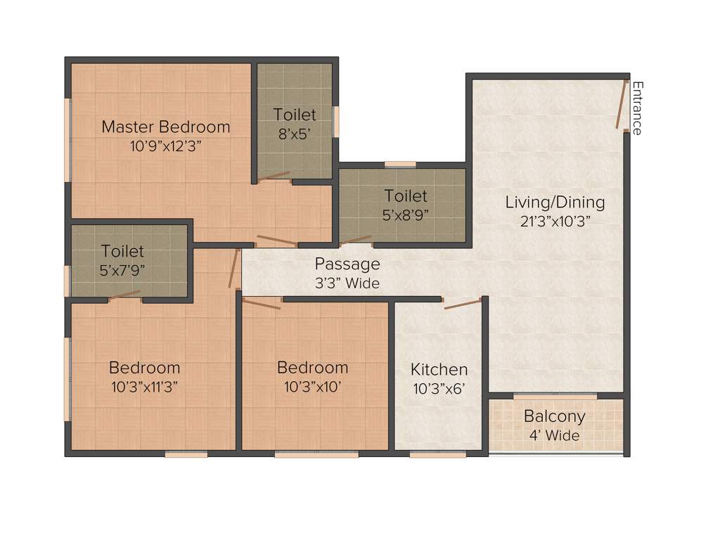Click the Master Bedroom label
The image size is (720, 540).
pyautogui.click(x=166, y=127)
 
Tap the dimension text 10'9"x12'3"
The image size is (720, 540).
pyautogui.click(x=166, y=146)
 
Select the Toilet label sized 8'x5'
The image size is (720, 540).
pyautogui.click(x=295, y=114)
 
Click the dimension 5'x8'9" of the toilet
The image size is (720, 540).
pyautogui.click(x=406, y=215)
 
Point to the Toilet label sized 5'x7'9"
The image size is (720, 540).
pyautogui.click(x=122, y=251)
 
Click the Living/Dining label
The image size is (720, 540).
pyautogui.click(x=555, y=202)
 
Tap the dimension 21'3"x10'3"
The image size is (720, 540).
pyautogui.click(x=555, y=221)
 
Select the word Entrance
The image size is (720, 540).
pyautogui.click(x=637, y=108)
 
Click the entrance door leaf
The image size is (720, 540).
pyautogui.click(x=622, y=105)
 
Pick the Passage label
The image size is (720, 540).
pyautogui.click(x=347, y=264)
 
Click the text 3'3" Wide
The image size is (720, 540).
pyautogui.click(x=347, y=283)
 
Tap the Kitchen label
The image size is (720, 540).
pyautogui.click(x=439, y=370)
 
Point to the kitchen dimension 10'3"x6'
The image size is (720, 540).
pyautogui.click(x=439, y=388)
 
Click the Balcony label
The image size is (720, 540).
pyautogui.click(x=555, y=416)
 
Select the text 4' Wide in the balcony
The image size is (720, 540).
pyautogui.click(x=555, y=435)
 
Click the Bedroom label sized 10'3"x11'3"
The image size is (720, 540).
pyautogui.click(x=144, y=368)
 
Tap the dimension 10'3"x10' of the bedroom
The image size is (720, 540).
pyautogui.click(x=312, y=386)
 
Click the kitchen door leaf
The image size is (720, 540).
pyautogui.click(x=463, y=303)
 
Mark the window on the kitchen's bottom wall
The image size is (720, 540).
pyautogui.click(x=437, y=455)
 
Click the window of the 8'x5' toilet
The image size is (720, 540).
pyautogui.click(x=336, y=122)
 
